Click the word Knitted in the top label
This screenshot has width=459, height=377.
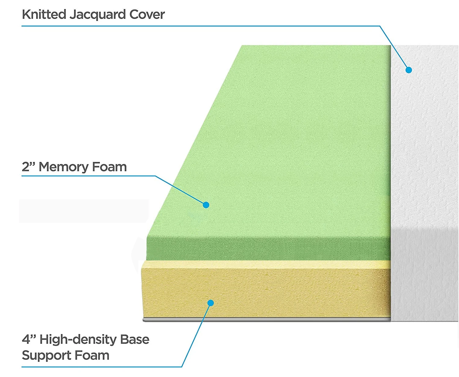(44, 14)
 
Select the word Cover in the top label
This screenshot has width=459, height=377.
(147, 14)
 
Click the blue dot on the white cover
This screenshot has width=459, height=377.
(409, 70)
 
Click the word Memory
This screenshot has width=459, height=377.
(63, 167)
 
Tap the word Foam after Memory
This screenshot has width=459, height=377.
(109, 167)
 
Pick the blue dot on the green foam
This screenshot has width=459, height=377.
(206, 205)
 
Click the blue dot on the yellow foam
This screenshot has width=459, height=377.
(211, 303)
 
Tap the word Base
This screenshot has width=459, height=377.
(135, 339)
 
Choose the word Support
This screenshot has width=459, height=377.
(46, 355)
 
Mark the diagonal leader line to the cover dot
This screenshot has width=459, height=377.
(394, 47)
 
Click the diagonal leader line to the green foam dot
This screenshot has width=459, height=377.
(181, 190)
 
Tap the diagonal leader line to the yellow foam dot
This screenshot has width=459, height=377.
(196, 335)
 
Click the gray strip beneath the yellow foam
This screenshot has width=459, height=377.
(266, 319)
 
